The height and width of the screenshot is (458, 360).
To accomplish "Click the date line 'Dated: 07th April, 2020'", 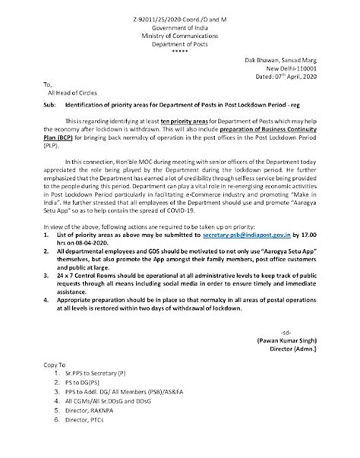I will coord(302,76).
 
